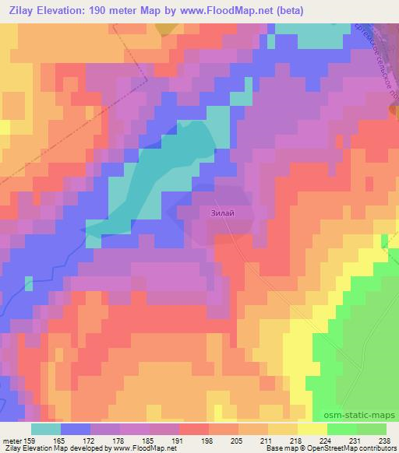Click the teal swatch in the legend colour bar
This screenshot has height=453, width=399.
(x=46, y=428)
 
